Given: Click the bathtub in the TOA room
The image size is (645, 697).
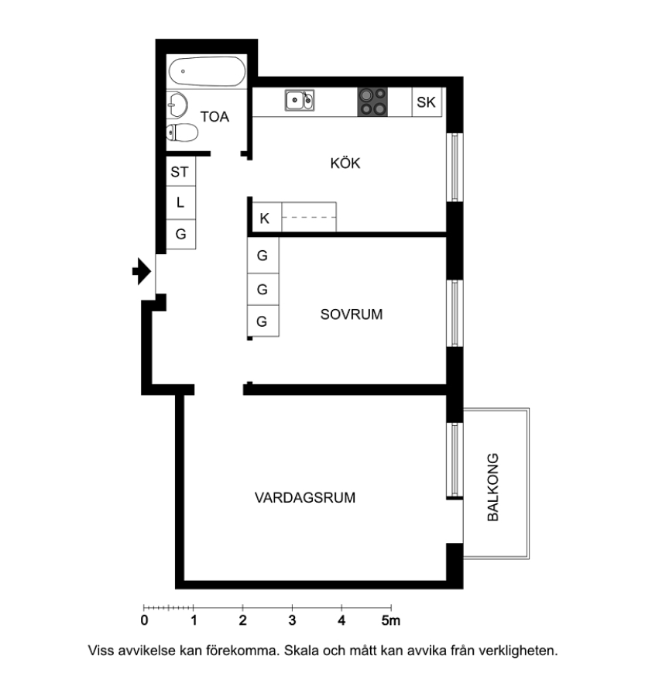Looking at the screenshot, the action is [x=207, y=71].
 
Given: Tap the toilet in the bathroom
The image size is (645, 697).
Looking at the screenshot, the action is [x=182, y=132].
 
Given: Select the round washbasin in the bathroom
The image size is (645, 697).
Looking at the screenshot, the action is [x=177, y=105].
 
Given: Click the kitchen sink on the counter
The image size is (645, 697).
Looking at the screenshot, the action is [x=300, y=100].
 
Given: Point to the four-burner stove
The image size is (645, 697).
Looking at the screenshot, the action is [x=372, y=101].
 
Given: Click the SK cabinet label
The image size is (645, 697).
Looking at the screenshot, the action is [x=426, y=102].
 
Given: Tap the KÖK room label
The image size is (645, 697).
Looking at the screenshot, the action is [x=345, y=163].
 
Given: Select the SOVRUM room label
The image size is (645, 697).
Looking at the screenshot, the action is [x=352, y=314].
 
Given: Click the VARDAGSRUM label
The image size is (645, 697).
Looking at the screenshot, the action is [x=305, y=497].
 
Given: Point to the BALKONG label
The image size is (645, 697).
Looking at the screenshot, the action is [x=493, y=487].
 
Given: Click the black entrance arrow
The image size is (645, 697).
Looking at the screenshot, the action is [x=142, y=271].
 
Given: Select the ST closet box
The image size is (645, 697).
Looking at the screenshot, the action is [x=181, y=171].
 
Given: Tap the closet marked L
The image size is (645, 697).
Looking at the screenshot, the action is [x=181, y=203].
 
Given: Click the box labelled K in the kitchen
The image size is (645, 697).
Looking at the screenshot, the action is [x=265, y=218].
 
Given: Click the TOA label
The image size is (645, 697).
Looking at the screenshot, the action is [x=214, y=116].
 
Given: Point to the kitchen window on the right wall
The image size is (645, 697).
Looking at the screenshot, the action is [x=455, y=167].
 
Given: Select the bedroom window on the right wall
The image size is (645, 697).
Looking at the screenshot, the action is [x=455, y=314].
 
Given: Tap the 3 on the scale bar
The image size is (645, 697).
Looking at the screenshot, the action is [x=292, y=620].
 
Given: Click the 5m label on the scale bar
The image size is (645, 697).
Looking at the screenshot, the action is [x=391, y=620].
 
